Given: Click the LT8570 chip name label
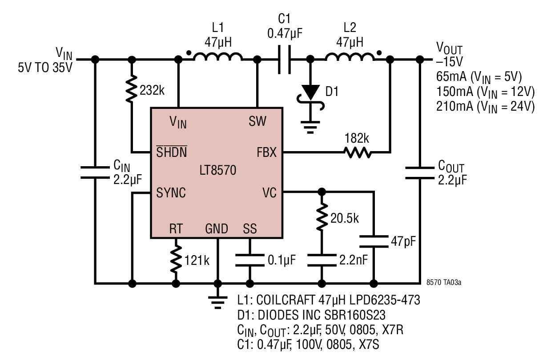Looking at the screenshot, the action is click(x=218, y=170).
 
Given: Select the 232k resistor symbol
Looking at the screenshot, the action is click(x=132, y=89).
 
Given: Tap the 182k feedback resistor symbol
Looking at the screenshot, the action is click(x=358, y=152).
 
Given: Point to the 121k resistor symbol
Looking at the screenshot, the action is click(x=176, y=259).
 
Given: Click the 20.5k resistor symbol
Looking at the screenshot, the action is click(x=322, y=217).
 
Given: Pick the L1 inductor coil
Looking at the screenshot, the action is click(x=218, y=56).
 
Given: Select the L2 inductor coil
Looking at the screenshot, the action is click(x=350, y=56).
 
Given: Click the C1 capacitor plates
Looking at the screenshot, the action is click(x=284, y=59).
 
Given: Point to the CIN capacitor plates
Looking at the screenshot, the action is click(x=95, y=172).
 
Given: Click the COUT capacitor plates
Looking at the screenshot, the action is click(x=420, y=173).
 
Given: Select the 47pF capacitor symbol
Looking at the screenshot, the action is click(x=374, y=241).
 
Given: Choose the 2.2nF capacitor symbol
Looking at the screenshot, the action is click(x=322, y=260).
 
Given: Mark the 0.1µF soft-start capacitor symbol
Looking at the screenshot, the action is click(x=249, y=260).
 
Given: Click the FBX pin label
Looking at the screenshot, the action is click(x=266, y=152).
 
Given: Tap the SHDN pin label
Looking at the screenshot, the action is click(x=172, y=152).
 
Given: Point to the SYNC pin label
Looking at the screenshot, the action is click(x=171, y=193).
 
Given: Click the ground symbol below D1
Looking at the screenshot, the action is click(x=310, y=128).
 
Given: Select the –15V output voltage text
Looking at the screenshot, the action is click(x=449, y=61).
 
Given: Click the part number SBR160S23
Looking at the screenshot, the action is click(x=354, y=315).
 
